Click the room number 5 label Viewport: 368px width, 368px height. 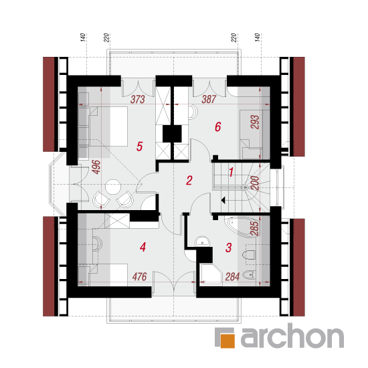(139, 147)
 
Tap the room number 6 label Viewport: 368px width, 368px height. (218, 127)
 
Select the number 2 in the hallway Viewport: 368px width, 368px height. (189, 181)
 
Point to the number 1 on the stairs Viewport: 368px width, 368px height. (232, 172)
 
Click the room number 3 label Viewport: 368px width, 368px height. (229, 248)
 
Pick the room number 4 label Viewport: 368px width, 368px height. (143, 247)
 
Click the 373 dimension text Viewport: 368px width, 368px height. (138, 99)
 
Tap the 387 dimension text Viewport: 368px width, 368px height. (209, 99)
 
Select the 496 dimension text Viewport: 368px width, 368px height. (96, 167)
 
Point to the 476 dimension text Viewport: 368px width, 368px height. (140, 277)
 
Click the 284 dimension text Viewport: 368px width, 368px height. (232, 277)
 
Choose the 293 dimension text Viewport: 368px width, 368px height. (255, 122)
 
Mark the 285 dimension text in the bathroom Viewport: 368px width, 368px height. (254, 229)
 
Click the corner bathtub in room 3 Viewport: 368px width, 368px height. (242, 227)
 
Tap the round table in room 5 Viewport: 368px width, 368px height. (113, 187)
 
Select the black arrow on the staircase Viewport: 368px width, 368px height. (223, 200)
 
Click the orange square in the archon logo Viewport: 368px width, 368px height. (227, 341)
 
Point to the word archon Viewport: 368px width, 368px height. (292, 336)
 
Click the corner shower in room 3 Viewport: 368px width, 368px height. (210, 274)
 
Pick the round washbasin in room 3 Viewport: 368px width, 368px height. (202, 242)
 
